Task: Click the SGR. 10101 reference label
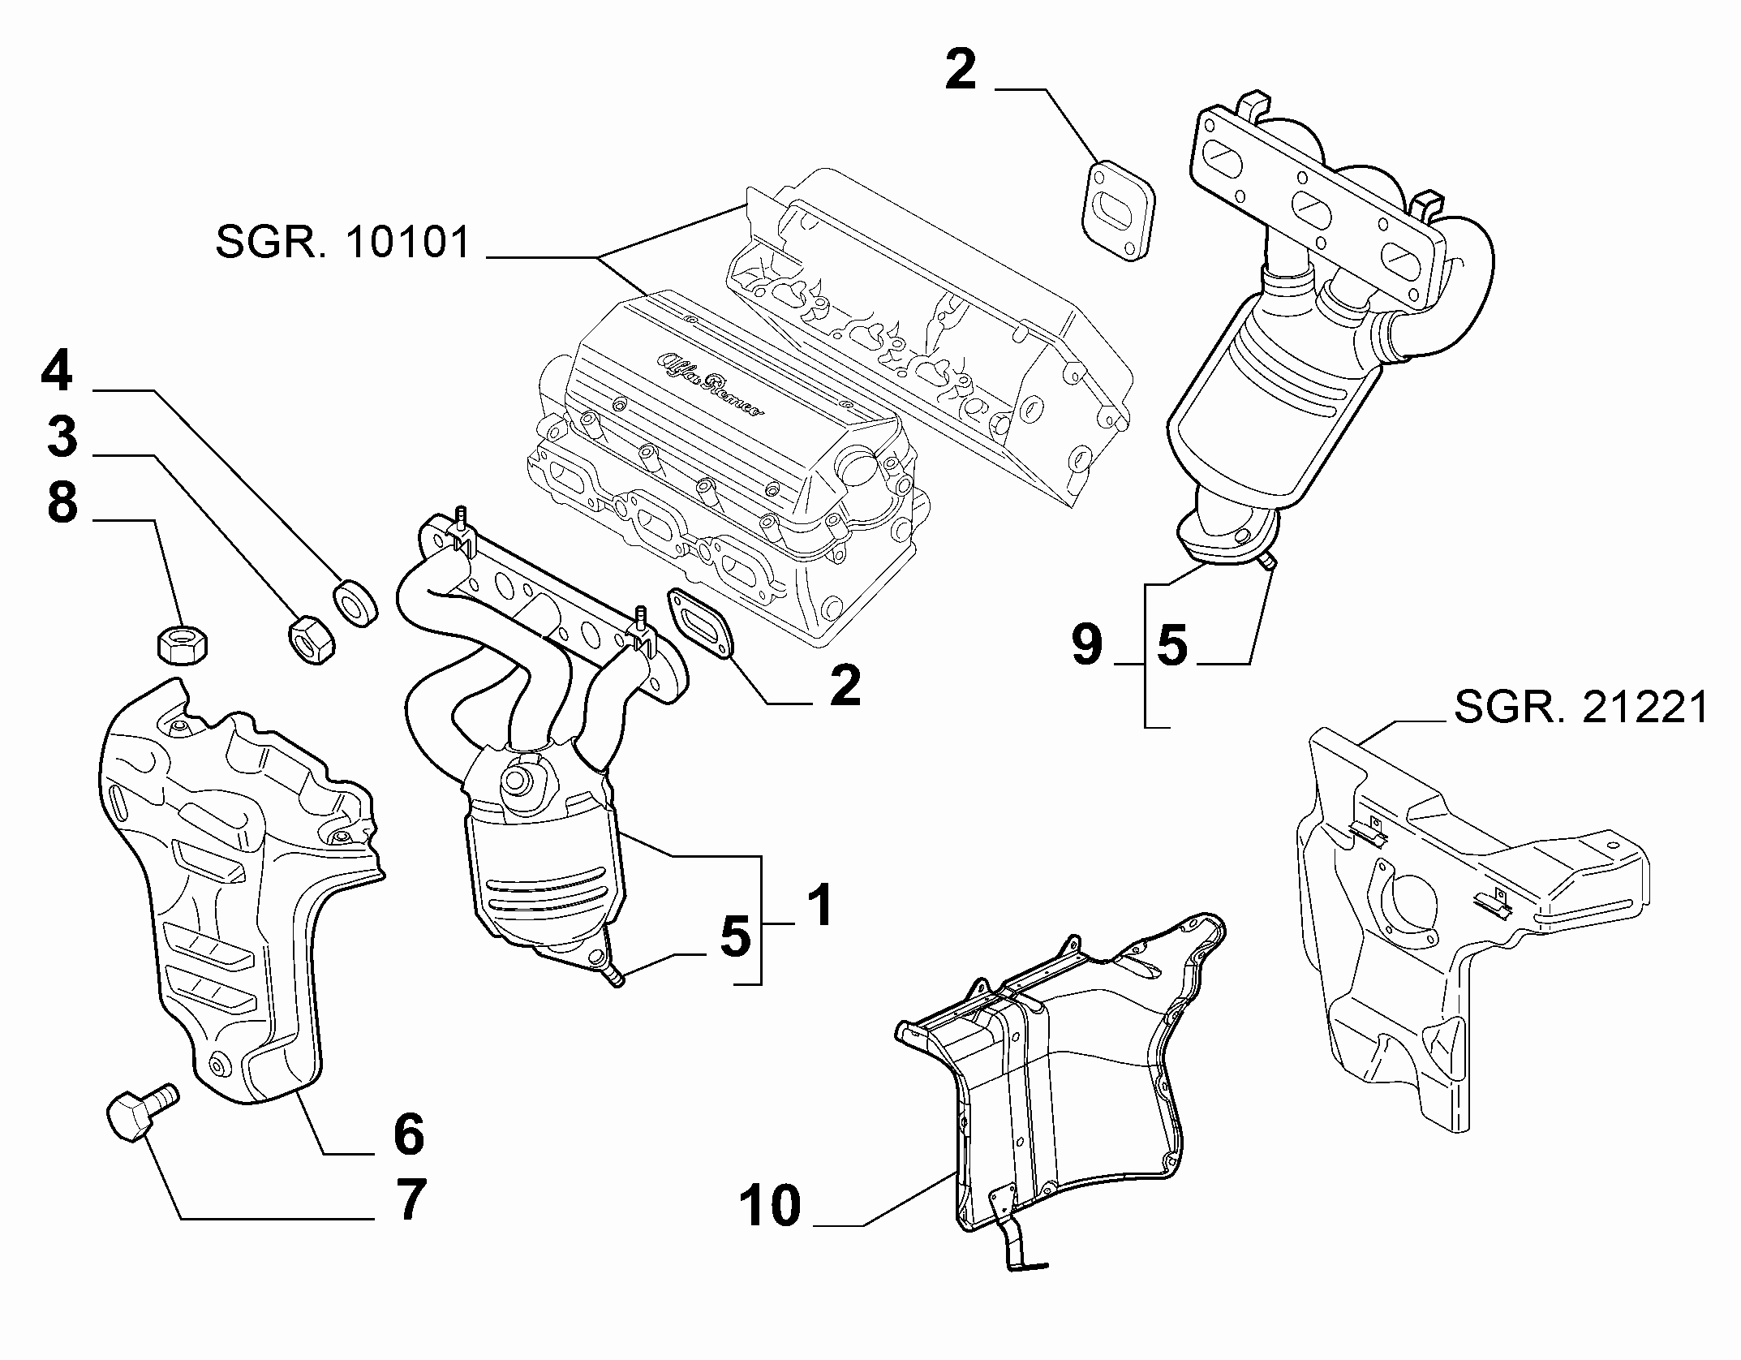343,243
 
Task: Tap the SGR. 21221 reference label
1581,708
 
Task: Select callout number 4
58,372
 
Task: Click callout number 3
61,438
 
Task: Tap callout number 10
770,1228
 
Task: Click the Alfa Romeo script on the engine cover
708,384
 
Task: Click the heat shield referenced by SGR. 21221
1468,925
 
